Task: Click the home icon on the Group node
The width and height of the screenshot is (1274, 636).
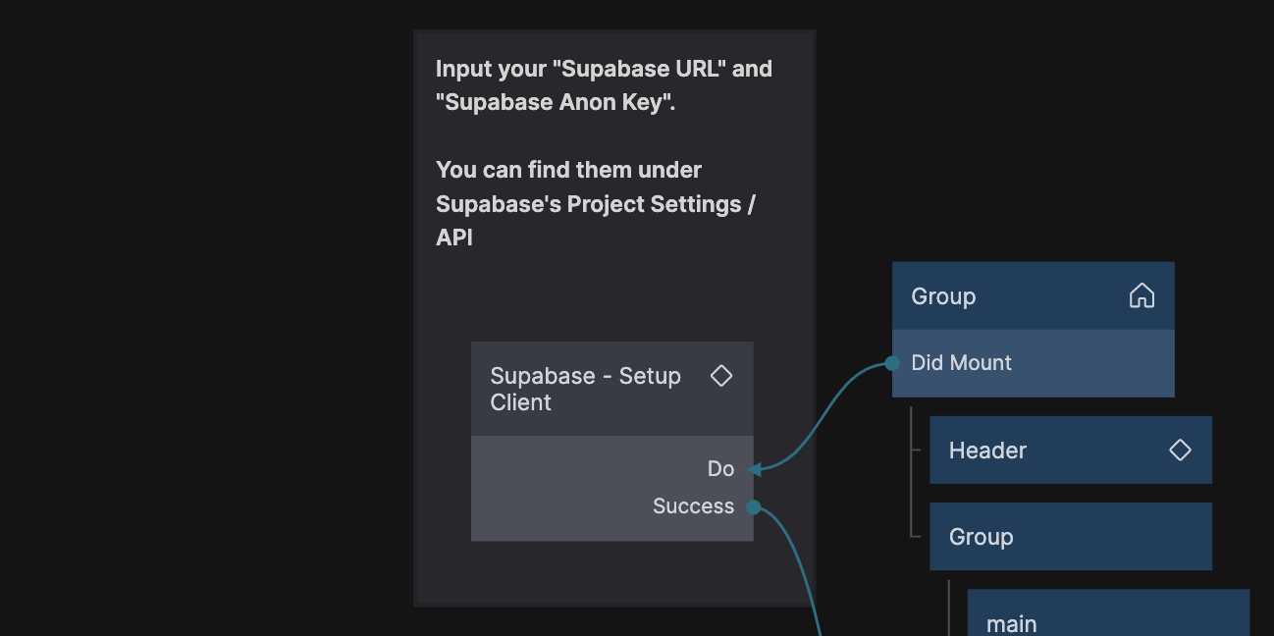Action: point(1141,295)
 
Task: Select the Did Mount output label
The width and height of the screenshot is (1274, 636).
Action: point(961,363)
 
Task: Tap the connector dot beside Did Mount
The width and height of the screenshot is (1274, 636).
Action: point(892,363)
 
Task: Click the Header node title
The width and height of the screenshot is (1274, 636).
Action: point(987,450)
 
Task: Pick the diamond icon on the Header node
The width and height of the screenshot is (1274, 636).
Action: point(1180,450)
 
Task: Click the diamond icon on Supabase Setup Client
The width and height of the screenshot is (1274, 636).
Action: point(721,376)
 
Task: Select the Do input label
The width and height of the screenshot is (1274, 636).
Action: point(720,469)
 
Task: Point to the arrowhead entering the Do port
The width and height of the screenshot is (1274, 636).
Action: point(755,469)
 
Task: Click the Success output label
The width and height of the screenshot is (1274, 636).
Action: point(693,506)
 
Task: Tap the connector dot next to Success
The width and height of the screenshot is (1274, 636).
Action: point(753,506)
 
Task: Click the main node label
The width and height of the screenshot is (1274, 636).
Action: point(1011,624)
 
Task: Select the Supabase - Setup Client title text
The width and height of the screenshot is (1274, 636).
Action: point(585,389)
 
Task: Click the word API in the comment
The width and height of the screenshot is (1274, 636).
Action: point(454,238)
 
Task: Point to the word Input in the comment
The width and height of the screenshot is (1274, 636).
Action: point(463,70)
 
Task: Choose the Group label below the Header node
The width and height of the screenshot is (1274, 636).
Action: point(981,537)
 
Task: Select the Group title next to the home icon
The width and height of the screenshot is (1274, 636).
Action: point(943,296)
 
